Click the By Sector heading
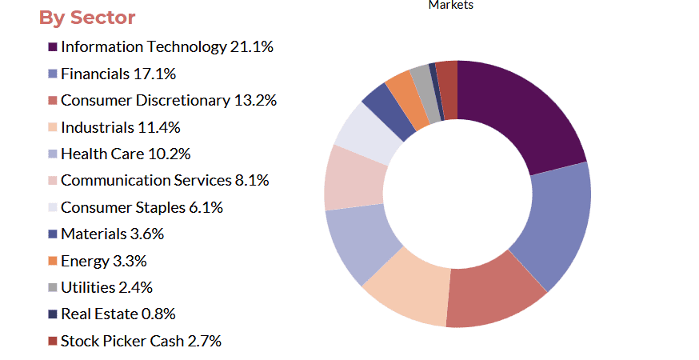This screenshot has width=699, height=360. coord(87,18)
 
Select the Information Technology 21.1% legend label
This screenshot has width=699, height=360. coord(167,47)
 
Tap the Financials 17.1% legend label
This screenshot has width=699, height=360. coord(118,74)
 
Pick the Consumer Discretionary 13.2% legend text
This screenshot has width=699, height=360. coord(169,101)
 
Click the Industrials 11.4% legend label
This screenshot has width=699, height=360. coord(120,127)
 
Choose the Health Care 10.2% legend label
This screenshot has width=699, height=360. coord(126,154)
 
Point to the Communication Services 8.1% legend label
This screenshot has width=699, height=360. coord(165,181)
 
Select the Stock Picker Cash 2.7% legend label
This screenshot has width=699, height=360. coord(141,342)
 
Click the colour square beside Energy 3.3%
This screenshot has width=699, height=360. coord(53,262)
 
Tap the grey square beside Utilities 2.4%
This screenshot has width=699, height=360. coord(53,288)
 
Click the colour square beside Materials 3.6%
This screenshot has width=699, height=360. coord(53,234)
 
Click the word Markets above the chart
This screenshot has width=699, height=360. coord(451,5)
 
